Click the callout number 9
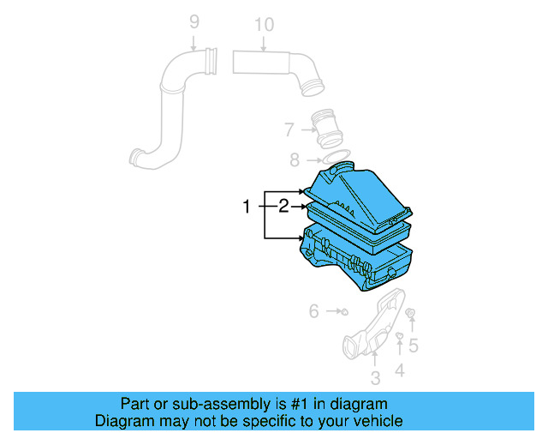pos(194,21)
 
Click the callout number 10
pos(264,25)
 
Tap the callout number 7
pos(290,129)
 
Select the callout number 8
pos(295,159)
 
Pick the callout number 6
pos(314,311)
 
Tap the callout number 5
pos(413,346)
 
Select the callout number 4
pos(399,370)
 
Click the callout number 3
pos(374,378)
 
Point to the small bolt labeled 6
pos(342,311)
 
